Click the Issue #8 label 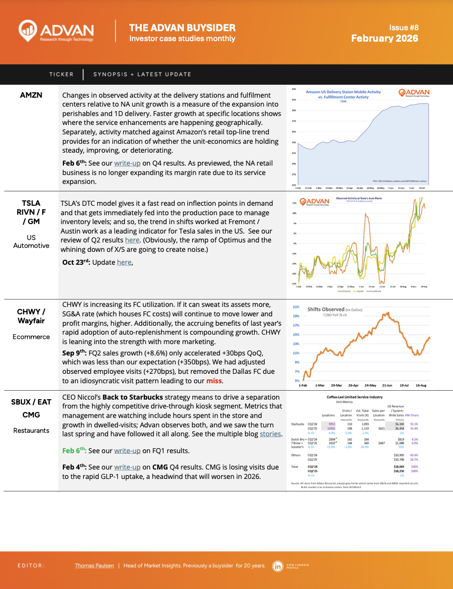click(404, 28)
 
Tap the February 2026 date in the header click(385, 38)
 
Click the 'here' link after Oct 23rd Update click(124, 262)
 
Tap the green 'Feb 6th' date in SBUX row click(74, 451)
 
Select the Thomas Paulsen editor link click(94, 566)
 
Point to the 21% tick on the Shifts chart click(296, 307)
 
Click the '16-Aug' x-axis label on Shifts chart click(421, 385)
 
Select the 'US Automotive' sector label click(31, 241)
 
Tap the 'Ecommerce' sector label click(31, 337)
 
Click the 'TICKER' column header click(61, 74)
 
